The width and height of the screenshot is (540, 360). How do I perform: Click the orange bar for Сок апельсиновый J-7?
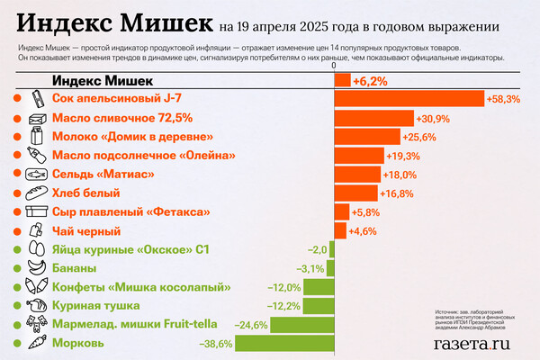point(409,99)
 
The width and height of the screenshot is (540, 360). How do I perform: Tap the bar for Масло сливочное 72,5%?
point(373,118)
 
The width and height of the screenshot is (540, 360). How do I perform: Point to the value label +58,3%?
point(503,99)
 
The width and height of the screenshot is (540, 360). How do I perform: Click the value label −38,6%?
point(214,343)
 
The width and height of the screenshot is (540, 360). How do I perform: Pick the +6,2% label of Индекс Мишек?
point(370,81)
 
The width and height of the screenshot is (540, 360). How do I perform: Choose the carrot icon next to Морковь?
point(37,343)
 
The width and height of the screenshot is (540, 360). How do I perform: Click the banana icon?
point(37,268)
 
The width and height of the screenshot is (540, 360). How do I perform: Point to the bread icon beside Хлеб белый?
point(37,193)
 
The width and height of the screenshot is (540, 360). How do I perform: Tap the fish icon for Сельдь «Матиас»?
point(37,175)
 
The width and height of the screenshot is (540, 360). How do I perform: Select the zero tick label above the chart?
point(334,67)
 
